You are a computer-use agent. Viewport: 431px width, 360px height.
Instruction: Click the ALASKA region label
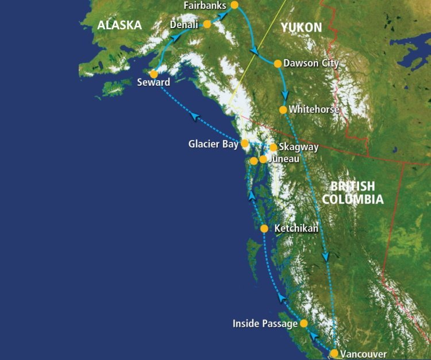click(120, 25)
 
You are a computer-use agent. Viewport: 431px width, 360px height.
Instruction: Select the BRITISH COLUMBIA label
click(352, 193)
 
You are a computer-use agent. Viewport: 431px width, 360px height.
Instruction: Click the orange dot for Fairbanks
click(234, 5)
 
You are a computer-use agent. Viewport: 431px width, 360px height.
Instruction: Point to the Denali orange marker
click(207, 25)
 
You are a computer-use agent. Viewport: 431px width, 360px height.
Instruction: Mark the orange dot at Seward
click(153, 74)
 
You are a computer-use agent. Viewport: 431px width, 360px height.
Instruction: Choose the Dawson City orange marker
click(278, 63)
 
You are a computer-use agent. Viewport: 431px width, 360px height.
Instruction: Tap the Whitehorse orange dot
click(283, 109)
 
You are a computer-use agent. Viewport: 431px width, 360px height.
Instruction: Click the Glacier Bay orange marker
click(245, 143)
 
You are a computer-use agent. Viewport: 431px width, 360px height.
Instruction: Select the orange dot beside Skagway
click(274, 147)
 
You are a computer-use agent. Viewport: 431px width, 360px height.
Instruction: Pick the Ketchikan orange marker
click(264, 229)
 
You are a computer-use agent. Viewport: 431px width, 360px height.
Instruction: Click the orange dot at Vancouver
click(334, 353)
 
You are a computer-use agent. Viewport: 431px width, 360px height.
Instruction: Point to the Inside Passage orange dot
click(304, 323)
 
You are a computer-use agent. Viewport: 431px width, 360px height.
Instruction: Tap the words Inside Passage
click(265, 324)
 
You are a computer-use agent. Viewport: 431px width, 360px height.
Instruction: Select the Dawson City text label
click(311, 63)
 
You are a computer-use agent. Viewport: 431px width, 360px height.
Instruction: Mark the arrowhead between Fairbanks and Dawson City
click(253, 52)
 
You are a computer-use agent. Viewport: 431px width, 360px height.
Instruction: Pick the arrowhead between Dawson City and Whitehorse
click(283, 95)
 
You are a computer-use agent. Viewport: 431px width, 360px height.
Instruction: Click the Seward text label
click(153, 83)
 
